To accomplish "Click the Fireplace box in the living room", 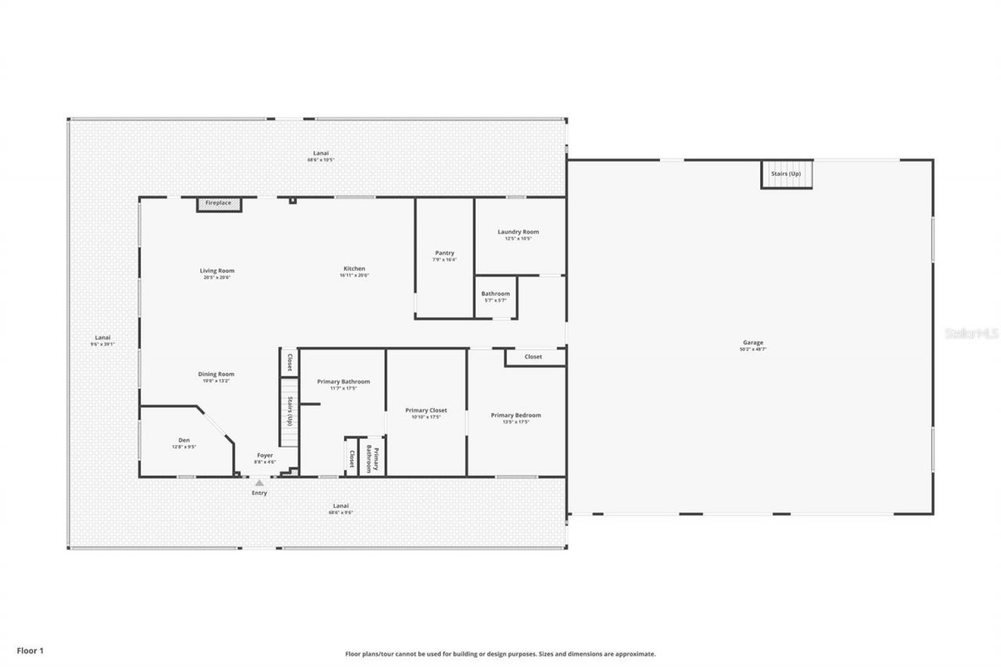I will (x=218, y=203).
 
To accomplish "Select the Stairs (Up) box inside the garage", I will (x=787, y=174).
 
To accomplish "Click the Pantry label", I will (x=444, y=253).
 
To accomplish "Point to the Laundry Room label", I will (x=518, y=232).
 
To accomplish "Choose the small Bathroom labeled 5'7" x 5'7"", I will (x=495, y=294).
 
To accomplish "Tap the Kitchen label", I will (x=353, y=269).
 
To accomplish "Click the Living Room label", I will (x=217, y=271).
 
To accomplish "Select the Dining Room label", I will (x=216, y=375).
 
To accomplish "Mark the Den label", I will (x=184, y=440).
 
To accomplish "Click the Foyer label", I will (x=265, y=455).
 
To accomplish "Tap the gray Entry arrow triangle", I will (x=259, y=483).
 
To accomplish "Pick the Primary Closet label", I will (x=425, y=411).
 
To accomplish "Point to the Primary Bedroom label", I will (x=515, y=415).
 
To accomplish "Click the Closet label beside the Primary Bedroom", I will (x=533, y=357).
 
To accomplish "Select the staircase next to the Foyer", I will (x=289, y=411).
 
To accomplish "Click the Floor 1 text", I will (x=30, y=650).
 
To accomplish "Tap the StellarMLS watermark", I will (x=971, y=333).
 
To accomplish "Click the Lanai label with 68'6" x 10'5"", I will (x=321, y=154).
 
